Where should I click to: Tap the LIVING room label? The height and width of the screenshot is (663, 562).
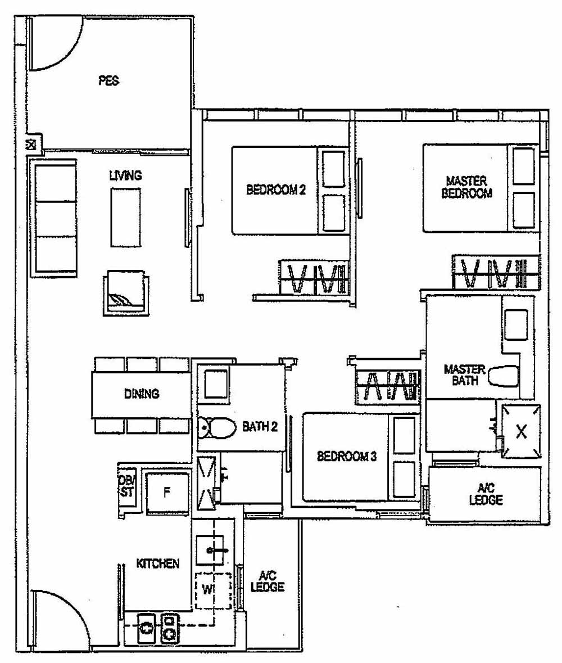click(x=125, y=176)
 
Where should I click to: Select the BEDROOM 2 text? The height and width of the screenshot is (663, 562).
click(x=276, y=190)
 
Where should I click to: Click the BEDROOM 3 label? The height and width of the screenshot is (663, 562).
click(x=346, y=456)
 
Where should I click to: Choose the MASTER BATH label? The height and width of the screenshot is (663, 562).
click(x=464, y=375)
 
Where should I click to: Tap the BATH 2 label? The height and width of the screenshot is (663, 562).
click(x=260, y=427)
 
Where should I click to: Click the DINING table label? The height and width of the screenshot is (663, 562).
click(x=142, y=394)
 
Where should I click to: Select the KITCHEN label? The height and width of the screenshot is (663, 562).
click(x=158, y=563)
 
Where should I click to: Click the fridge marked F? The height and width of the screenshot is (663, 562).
click(x=166, y=493)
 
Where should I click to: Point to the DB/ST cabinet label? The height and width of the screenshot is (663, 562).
click(x=126, y=486)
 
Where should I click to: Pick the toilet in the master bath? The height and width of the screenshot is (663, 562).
click(x=503, y=376)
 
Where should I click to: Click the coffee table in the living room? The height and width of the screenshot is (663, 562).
click(x=125, y=218)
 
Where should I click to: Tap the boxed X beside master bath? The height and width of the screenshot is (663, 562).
click(x=522, y=431)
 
